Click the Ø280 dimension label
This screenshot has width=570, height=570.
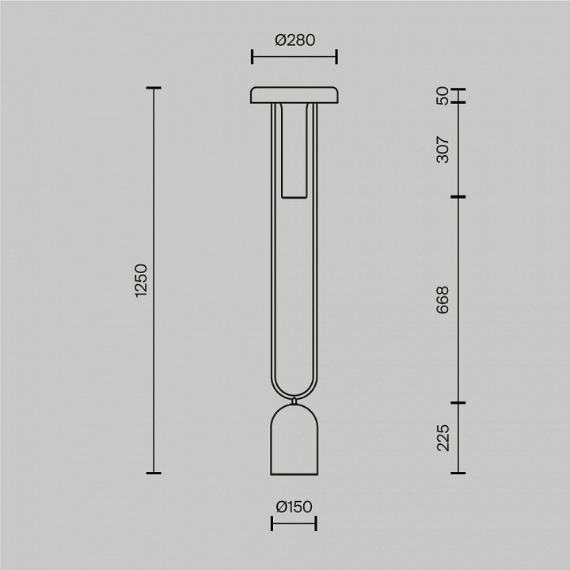(294, 40)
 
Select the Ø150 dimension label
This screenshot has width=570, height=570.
(294, 507)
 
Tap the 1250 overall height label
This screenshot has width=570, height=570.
(141, 280)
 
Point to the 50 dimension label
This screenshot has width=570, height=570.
(443, 96)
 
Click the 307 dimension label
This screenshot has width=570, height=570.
(443, 150)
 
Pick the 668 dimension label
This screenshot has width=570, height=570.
(443, 300)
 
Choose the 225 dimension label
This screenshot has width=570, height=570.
(443, 438)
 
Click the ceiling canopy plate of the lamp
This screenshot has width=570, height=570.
(294, 95)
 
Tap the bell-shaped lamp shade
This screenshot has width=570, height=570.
(294, 440)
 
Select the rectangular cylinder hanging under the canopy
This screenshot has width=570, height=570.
(294, 151)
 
